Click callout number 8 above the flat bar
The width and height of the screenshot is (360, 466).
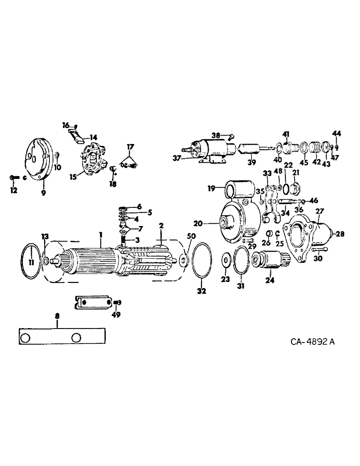pyautogui.click(x=57, y=316)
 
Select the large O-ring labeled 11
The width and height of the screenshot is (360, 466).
pyautogui.click(x=31, y=263)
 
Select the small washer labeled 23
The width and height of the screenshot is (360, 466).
pyautogui.click(x=226, y=259)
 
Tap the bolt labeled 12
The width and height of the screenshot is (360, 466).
pyautogui.click(x=14, y=177)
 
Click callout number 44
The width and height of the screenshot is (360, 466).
pyautogui.click(x=337, y=133)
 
